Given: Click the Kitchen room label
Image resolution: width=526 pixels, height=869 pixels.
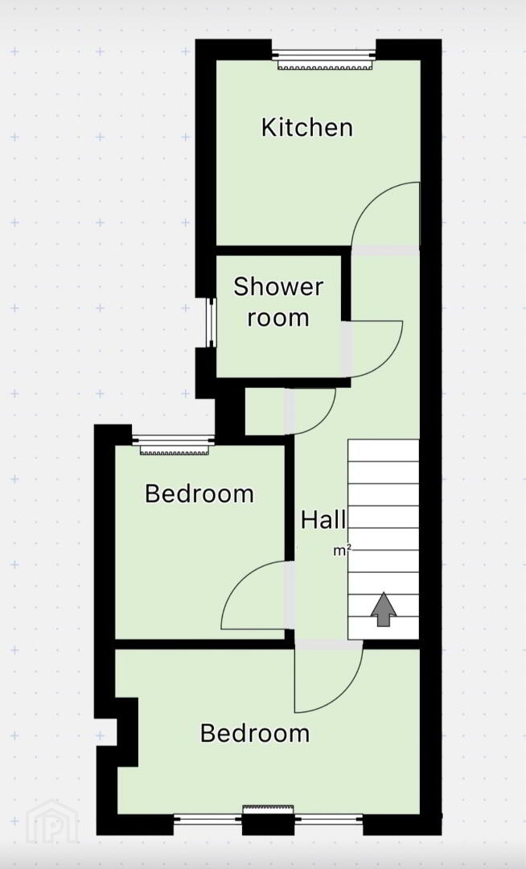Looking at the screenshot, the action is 306,127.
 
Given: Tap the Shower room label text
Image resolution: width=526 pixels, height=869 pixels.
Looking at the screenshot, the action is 278,302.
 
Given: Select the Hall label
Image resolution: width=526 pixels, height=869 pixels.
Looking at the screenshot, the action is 324,520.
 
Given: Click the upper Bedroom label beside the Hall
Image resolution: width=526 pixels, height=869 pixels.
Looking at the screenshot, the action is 199,493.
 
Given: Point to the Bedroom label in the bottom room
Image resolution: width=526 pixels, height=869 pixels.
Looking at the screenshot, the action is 255,733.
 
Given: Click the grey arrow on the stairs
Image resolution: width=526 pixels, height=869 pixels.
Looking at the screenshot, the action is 384,609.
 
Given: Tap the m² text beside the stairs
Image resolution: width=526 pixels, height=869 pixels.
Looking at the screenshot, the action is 342,551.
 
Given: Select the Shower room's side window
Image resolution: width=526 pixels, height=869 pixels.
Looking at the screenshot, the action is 211,323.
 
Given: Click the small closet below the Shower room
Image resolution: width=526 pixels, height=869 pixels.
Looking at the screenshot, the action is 265,411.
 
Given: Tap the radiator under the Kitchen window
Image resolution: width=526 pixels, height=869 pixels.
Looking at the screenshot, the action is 324,66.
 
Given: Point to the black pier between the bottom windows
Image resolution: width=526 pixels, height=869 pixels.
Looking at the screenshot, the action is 269,824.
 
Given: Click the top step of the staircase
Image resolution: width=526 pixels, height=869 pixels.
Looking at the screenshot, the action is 383,451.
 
